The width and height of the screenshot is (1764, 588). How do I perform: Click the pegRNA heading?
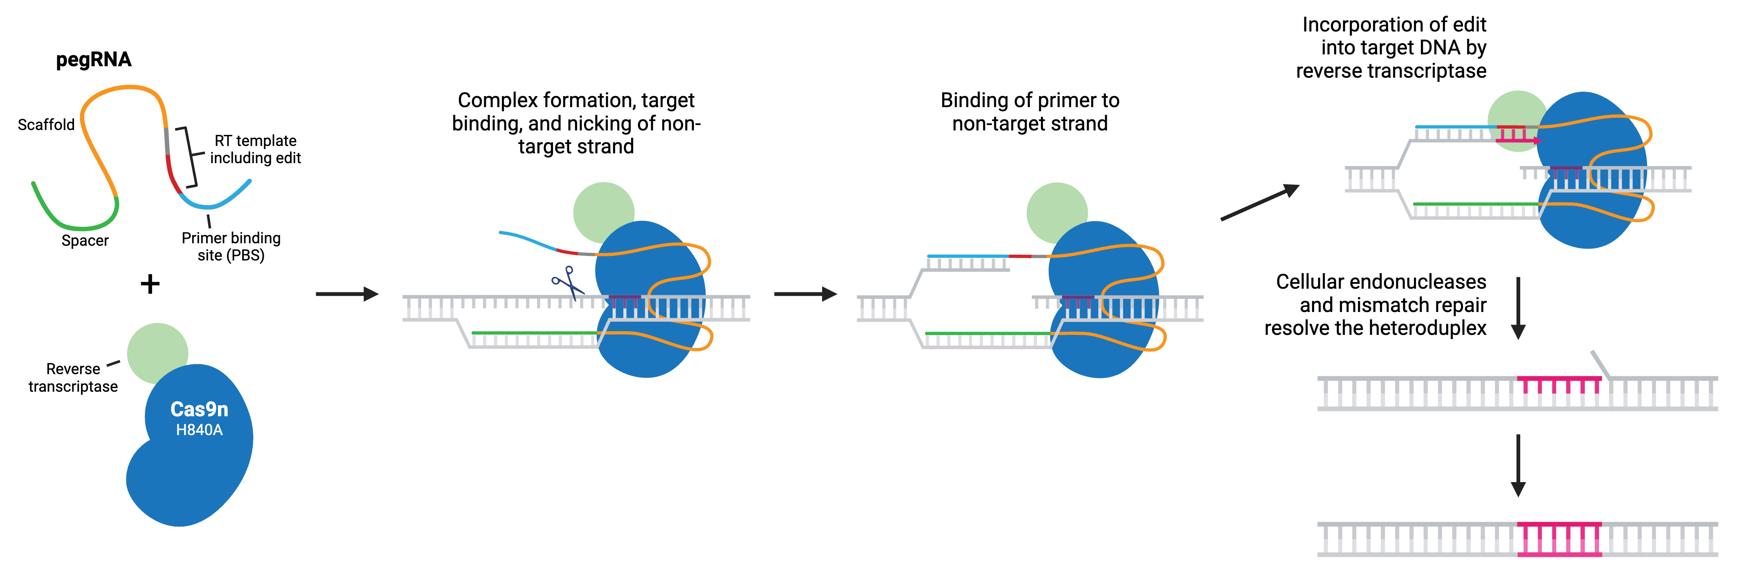93,60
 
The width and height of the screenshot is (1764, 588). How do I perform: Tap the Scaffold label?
46,125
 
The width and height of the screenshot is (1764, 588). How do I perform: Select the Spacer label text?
85,241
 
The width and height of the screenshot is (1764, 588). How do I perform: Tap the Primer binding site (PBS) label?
231,247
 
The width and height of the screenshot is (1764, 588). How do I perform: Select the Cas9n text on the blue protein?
199,409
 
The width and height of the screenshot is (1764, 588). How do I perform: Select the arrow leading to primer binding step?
804,294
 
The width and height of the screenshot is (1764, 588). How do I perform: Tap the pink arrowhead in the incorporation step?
1537,140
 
